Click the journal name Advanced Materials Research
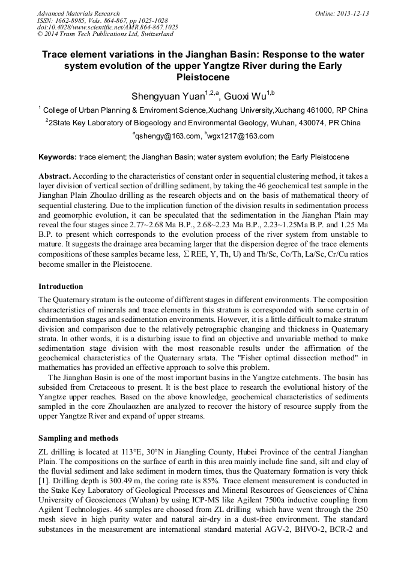(x=78, y=13)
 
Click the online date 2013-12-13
(x=351, y=13)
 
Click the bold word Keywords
(x=57, y=157)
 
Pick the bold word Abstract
(x=55, y=176)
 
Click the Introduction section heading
(x=61, y=286)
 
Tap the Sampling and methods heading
(x=78, y=438)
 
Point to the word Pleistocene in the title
(x=203, y=77)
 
